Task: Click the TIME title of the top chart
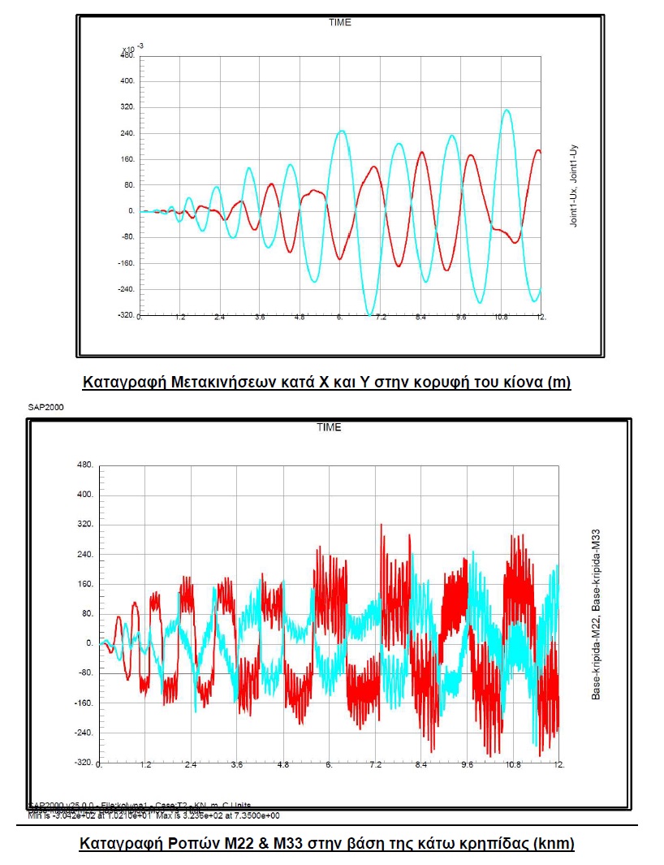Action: point(339,22)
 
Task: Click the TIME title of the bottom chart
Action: point(329,427)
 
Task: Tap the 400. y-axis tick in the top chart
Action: point(126,81)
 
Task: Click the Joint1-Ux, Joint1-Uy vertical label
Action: point(573,186)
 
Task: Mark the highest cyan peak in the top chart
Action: point(507,110)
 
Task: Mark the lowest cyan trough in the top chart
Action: point(370,314)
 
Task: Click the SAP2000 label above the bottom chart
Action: point(45,407)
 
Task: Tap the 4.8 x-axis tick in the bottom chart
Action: point(283,765)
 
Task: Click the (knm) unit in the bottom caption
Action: point(551,844)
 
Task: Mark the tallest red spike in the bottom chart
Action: point(382,525)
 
